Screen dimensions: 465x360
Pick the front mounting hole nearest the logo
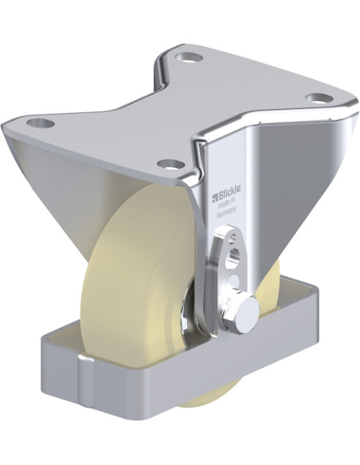coord(169,165)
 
